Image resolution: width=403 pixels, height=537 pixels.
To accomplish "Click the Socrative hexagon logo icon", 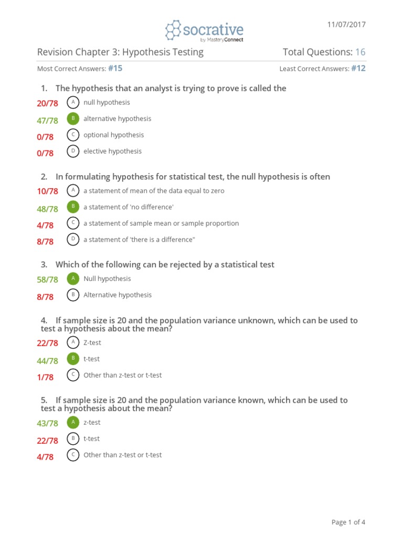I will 173,30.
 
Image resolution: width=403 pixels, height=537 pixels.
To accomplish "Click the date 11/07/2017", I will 346,25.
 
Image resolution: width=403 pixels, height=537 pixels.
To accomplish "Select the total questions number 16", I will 360,52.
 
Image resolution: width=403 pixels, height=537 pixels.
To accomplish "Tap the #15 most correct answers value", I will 115,68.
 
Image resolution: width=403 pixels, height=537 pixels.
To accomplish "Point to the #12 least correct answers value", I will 358,68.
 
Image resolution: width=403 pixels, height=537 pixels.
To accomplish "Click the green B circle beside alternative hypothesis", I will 74,119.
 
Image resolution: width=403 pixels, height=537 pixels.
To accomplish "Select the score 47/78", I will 47,121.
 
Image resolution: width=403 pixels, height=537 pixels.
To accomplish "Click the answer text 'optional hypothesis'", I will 113,135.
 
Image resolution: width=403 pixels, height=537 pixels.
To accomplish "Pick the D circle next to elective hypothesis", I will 74,151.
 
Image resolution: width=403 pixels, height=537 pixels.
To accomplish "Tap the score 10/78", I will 47,191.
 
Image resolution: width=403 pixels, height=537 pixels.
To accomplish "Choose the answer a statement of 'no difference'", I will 128,207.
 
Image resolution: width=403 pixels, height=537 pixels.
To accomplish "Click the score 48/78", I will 47,209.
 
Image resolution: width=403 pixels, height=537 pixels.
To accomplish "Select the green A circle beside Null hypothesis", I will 74,278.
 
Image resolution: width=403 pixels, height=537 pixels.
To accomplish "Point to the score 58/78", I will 47,280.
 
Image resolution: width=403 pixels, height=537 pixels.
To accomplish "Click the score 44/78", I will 47,361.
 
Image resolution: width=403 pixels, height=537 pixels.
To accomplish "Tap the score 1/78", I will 45,377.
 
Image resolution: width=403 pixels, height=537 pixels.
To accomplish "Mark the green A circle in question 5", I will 74,422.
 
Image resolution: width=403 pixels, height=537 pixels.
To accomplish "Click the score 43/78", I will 47,423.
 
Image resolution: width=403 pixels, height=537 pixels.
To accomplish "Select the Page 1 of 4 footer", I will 348,522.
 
